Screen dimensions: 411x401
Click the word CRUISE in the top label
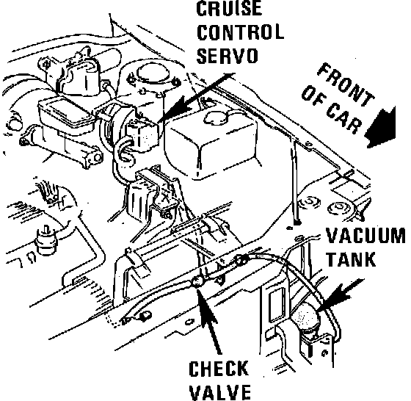click(229, 8)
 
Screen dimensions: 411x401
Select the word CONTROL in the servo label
click(240, 32)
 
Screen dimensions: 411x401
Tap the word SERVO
click(227, 55)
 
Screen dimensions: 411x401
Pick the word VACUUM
click(365, 236)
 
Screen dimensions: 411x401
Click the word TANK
click(351, 259)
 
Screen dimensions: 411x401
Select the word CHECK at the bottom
click(219, 369)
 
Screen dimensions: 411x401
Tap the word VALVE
click(219, 392)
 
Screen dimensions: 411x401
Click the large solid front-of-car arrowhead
click(381, 129)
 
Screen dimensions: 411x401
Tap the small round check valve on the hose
click(197, 282)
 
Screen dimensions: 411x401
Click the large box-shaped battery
click(212, 143)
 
